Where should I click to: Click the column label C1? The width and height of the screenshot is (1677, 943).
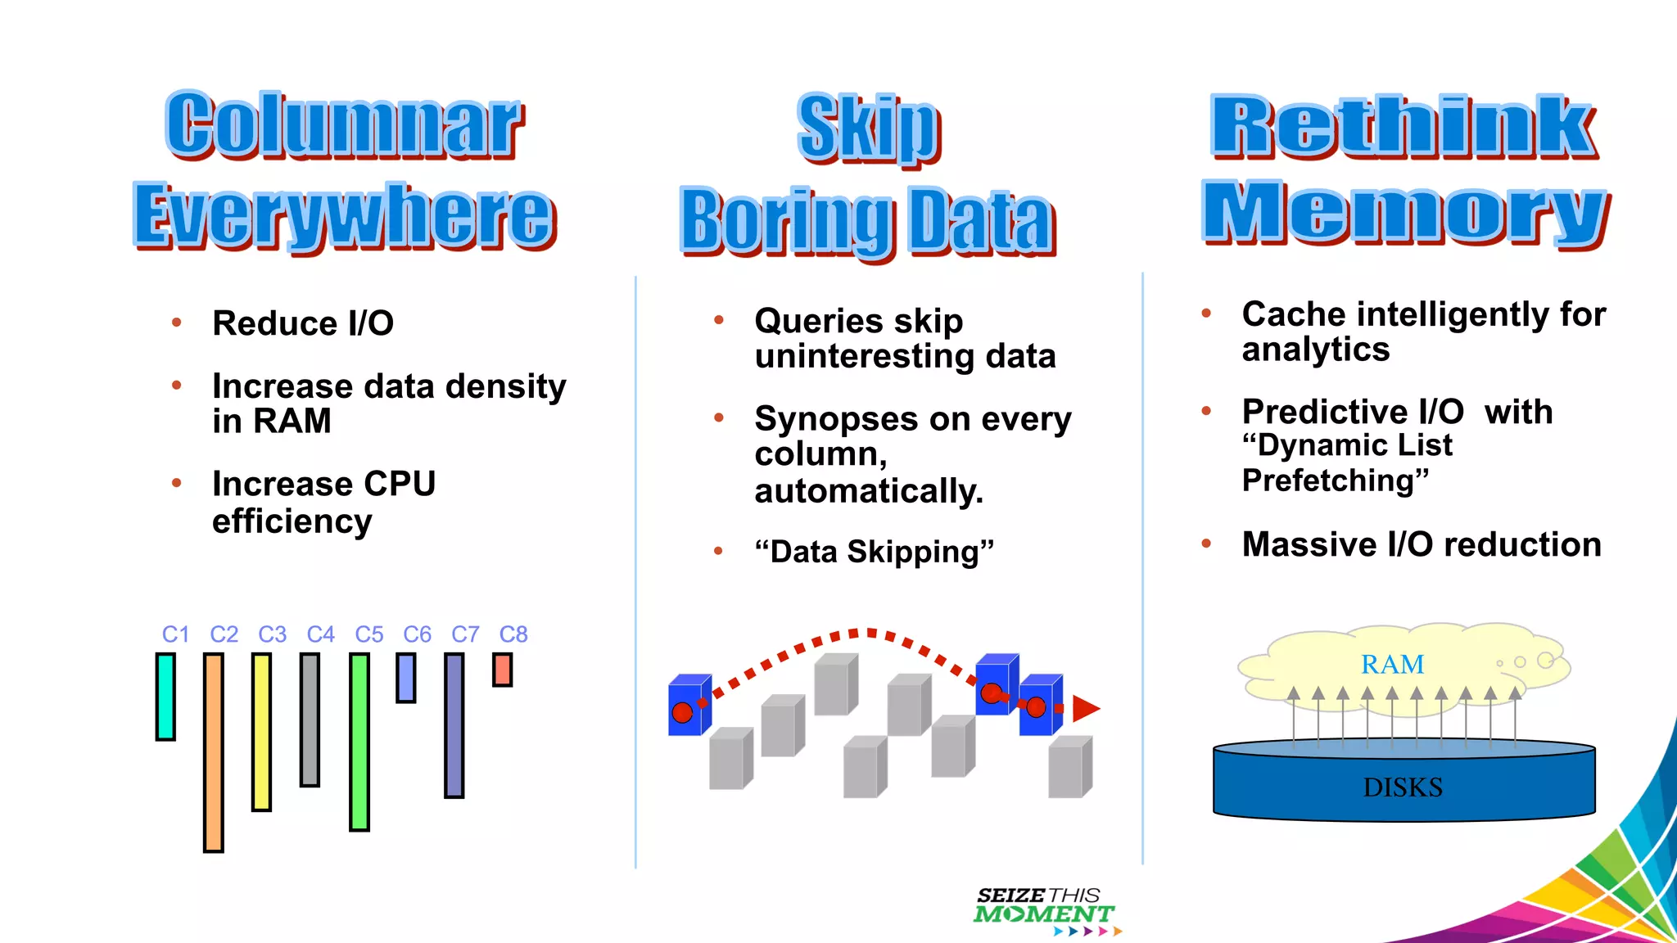[175, 634]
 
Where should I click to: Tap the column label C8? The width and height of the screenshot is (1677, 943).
[513, 634]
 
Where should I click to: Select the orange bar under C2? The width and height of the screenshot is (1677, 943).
[214, 752]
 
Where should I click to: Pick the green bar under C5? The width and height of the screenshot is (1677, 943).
[359, 742]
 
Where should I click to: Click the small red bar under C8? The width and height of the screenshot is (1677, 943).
[503, 670]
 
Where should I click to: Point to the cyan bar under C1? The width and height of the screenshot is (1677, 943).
[165, 697]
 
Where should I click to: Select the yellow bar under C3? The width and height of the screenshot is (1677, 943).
[262, 732]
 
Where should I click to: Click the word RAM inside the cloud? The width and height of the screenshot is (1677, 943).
[1392, 664]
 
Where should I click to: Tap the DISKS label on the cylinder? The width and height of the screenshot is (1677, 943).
[1403, 787]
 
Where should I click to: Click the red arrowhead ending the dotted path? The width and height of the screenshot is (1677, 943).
[1085, 708]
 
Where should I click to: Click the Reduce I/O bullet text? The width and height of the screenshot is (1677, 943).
[303, 323]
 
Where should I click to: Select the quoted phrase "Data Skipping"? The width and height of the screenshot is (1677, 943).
[874, 552]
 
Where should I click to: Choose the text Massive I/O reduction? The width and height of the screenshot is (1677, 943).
[1422, 544]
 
